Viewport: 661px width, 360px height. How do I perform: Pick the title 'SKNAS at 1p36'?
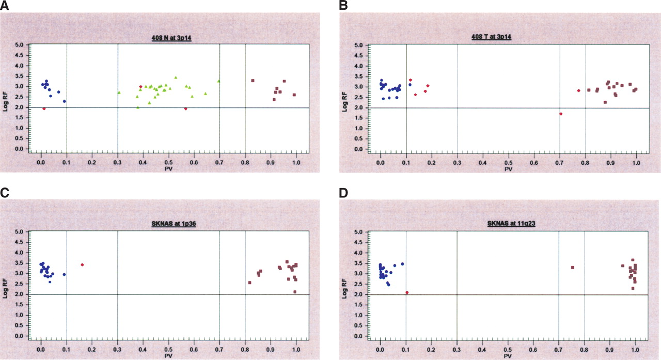pos(168,224)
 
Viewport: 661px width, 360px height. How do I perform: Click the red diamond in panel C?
pos(82,265)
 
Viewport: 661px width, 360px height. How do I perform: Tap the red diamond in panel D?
pos(407,292)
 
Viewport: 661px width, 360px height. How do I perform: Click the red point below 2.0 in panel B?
pos(561,114)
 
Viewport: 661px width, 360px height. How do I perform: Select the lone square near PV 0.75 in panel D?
pos(573,267)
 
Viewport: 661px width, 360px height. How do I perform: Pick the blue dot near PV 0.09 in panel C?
pos(64,274)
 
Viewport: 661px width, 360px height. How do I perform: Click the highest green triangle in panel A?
pos(176,77)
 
